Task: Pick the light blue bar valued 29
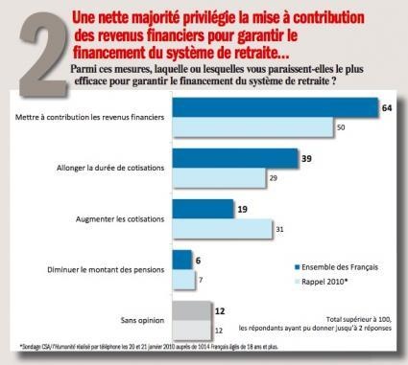[218, 178]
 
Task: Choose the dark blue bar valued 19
[203, 209]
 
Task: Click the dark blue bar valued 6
[180, 260]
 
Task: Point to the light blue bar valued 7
[181, 278]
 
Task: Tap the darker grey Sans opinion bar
[190, 310]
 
